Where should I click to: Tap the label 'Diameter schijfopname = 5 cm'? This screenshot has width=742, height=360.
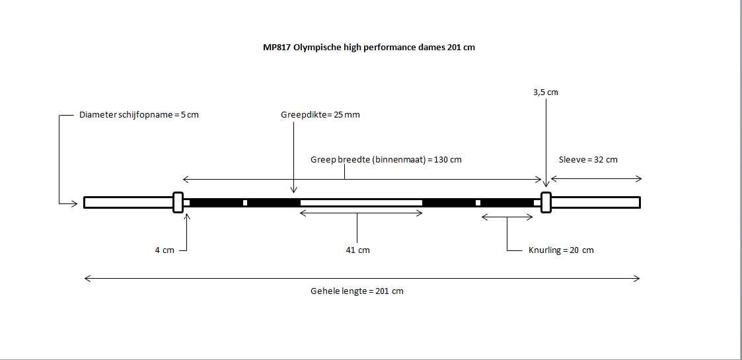pyautogui.click(x=139, y=114)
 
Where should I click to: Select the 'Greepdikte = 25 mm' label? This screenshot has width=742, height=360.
pyautogui.click(x=320, y=114)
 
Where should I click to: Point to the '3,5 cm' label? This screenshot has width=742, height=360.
pyautogui.click(x=546, y=92)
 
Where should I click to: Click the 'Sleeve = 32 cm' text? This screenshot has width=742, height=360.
pyautogui.click(x=588, y=160)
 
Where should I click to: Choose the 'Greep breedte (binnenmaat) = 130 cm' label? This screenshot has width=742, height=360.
pyautogui.click(x=386, y=160)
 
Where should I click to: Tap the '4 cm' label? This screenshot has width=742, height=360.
pyautogui.click(x=165, y=250)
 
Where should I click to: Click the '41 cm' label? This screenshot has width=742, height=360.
pyautogui.click(x=357, y=250)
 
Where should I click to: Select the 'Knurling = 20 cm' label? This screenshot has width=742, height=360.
pyautogui.click(x=561, y=250)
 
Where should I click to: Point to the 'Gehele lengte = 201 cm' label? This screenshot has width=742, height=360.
pyautogui.click(x=357, y=291)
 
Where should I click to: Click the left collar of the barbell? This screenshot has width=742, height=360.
pyautogui.click(x=178, y=202)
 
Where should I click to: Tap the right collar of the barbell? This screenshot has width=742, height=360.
pyautogui.click(x=546, y=202)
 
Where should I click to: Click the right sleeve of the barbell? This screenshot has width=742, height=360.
pyautogui.click(x=595, y=202)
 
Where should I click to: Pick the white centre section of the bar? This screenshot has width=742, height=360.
pyautogui.click(x=361, y=202)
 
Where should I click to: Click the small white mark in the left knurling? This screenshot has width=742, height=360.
pyautogui.click(x=245, y=202)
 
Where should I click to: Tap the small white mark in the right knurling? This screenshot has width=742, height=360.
pyautogui.click(x=478, y=202)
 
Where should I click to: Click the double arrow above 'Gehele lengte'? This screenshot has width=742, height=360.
pyautogui.click(x=362, y=279)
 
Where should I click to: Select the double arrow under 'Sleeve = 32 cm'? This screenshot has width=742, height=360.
pyautogui.click(x=596, y=178)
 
